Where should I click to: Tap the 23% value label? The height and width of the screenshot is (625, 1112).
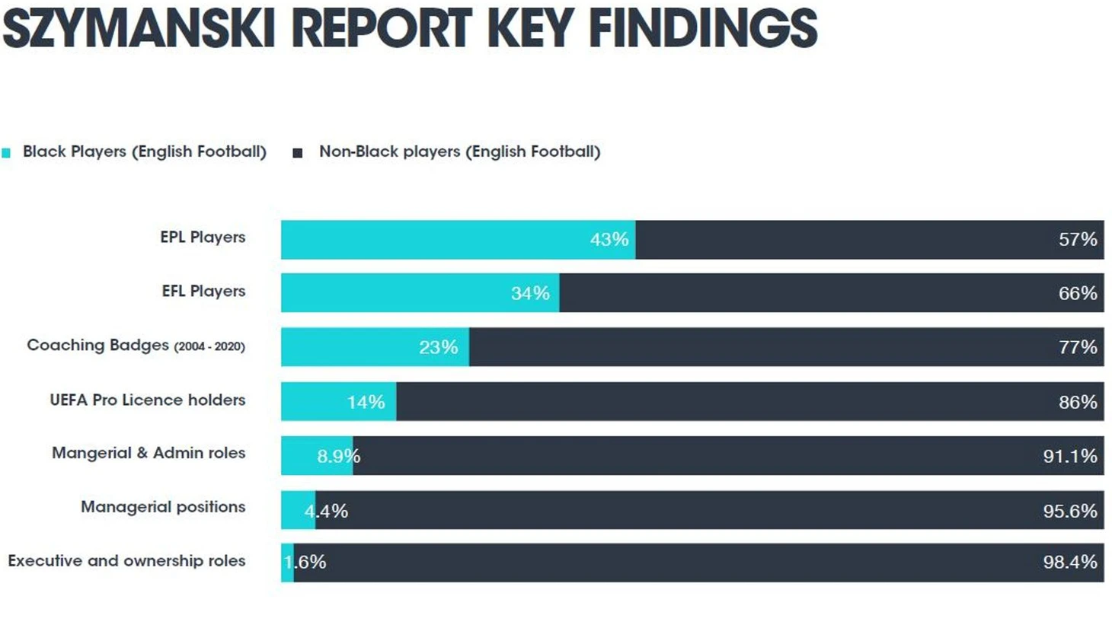pos(438,348)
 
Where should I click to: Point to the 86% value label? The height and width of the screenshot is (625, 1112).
pos(1077,402)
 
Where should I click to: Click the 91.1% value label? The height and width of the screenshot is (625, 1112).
pos(1069,456)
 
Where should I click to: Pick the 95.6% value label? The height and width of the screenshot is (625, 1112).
pos(1069,511)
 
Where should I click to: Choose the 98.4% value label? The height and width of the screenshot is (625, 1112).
pos(1069,562)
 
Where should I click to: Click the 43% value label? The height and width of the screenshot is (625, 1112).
pos(609,240)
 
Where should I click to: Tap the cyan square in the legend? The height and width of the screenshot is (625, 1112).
pos(6,153)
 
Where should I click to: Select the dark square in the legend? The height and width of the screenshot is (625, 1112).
pos(298,153)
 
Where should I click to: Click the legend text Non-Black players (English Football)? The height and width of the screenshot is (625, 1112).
pos(459,151)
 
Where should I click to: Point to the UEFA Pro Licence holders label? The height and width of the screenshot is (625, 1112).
pos(148,400)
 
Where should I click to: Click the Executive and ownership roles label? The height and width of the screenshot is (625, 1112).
pos(126,561)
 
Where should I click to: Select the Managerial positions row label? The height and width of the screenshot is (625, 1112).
pos(163,507)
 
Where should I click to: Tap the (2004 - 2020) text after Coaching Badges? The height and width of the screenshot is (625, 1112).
pos(209,346)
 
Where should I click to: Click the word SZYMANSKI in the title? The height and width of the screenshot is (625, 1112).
pos(139,28)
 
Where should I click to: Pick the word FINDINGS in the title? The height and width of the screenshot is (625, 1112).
pos(702,28)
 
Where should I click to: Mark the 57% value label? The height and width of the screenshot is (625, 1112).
pos(1077,240)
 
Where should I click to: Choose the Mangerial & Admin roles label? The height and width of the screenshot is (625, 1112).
pos(149,453)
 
